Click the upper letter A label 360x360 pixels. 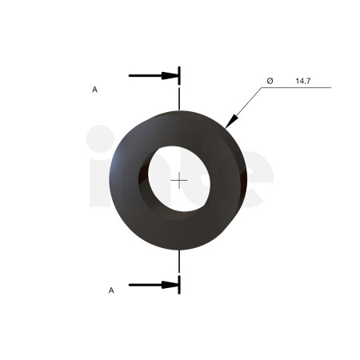coord(94,90)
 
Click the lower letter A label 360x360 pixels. coord(111,290)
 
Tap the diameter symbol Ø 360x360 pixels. coord(270,81)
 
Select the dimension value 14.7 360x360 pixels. coord(303,81)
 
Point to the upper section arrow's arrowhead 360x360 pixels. coord(170,76)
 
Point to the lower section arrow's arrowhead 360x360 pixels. coord(170,285)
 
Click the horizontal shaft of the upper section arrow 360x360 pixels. coord(146,76)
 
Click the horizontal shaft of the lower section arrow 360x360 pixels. coord(146,285)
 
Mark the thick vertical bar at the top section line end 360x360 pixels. coord(179,76)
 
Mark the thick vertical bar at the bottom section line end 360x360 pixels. coord(179,285)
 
